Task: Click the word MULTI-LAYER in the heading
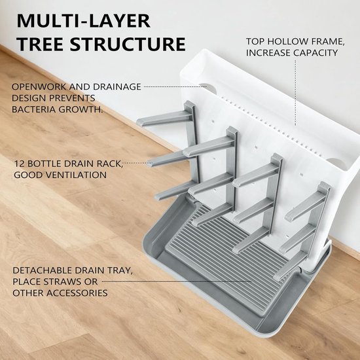(x=84, y=21)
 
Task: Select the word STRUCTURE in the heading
(x=128, y=44)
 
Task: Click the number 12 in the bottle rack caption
(x=19, y=164)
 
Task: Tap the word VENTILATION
(x=77, y=175)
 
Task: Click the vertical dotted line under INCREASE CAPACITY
(x=295, y=93)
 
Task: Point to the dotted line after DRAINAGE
(x=175, y=86)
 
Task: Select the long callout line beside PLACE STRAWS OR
(x=177, y=281)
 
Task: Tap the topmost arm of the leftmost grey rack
(x=164, y=119)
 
